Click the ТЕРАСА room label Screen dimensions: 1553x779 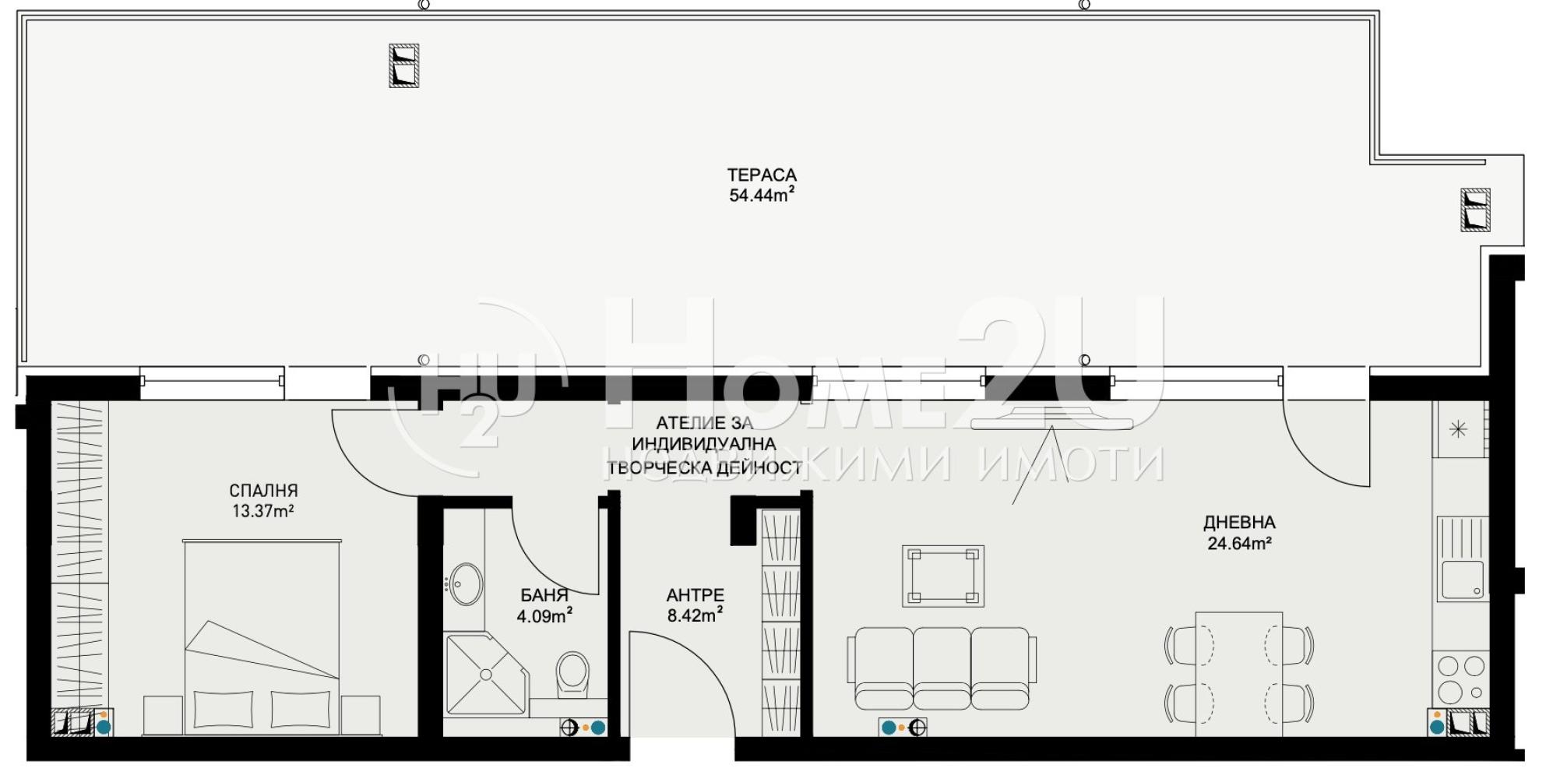(762, 175)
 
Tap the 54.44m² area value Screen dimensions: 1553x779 (762, 195)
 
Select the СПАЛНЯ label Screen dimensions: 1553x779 (263, 491)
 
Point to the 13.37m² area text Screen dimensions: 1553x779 (262, 511)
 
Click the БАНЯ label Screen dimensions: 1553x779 (544, 596)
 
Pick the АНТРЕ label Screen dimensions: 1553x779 (695, 595)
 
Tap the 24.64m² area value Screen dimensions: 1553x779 (1239, 544)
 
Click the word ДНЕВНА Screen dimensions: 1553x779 (1239, 523)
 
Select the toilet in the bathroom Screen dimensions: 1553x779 (573, 675)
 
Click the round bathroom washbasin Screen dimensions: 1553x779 (466, 584)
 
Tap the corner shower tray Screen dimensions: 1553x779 (486, 674)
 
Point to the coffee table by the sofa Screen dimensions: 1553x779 (942, 576)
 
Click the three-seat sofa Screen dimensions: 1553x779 (942, 668)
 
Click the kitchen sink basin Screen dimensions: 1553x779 (1461, 580)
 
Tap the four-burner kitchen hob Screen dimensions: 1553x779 (1461, 679)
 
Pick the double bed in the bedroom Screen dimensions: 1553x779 (262, 637)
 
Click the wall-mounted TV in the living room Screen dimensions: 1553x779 (1052, 418)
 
